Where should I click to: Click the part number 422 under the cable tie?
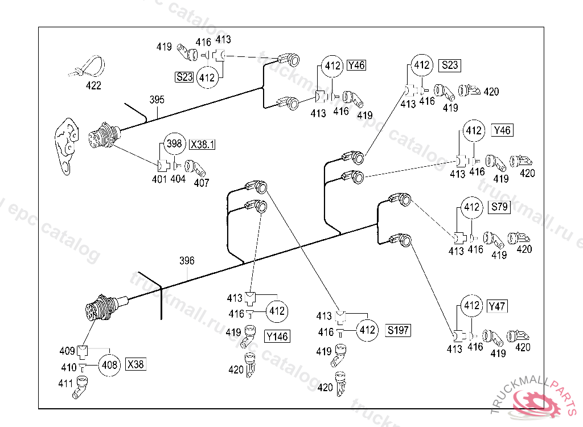(x=93, y=86)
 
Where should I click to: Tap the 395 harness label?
(x=157, y=100)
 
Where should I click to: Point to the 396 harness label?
(x=187, y=261)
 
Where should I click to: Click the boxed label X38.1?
(x=202, y=145)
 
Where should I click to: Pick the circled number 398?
(x=175, y=145)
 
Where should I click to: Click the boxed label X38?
(x=136, y=364)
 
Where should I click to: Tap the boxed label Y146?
(x=277, y=336)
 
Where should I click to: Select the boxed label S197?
(x=398, y=330)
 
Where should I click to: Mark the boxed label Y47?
(x=497, y=306)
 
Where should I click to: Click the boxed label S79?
(x=499, y=207)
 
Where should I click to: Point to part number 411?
(x=66, y=384)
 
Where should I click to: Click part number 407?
(x=202, y=183)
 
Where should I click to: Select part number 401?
(x=159, y=179)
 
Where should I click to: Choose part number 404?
(x=178, y=179)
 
